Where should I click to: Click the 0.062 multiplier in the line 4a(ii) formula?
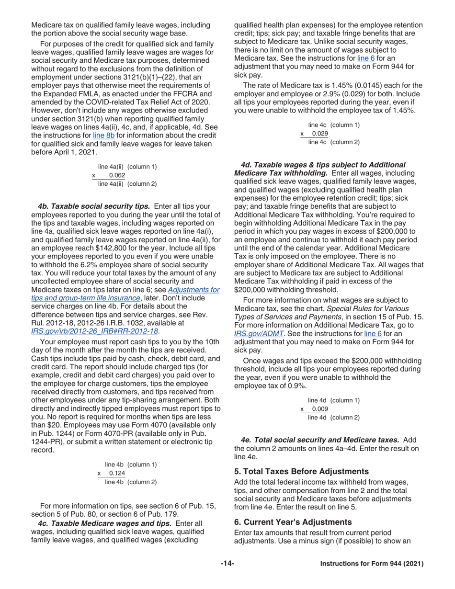[117, 175]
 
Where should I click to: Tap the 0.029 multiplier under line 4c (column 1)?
[320, 134]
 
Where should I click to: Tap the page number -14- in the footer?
[227, 564]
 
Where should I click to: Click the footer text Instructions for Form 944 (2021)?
[372, 564]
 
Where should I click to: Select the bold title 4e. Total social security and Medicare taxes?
[321, 439]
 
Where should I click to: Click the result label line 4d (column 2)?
[334, 417]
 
